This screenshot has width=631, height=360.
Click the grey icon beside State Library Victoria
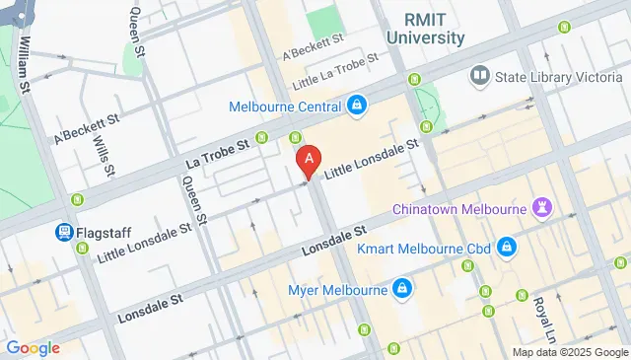[x=480, y=74]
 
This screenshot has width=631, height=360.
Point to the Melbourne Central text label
[x=284, y=106]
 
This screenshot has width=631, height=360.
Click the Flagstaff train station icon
[x=63, y=233]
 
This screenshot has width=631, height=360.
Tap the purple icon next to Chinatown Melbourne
[x=540, y=207]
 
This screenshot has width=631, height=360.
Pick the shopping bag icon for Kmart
[x=506, y=246]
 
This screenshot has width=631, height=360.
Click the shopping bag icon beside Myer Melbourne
[x=401, y=289]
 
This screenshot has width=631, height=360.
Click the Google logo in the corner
[x=32, y=347]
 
